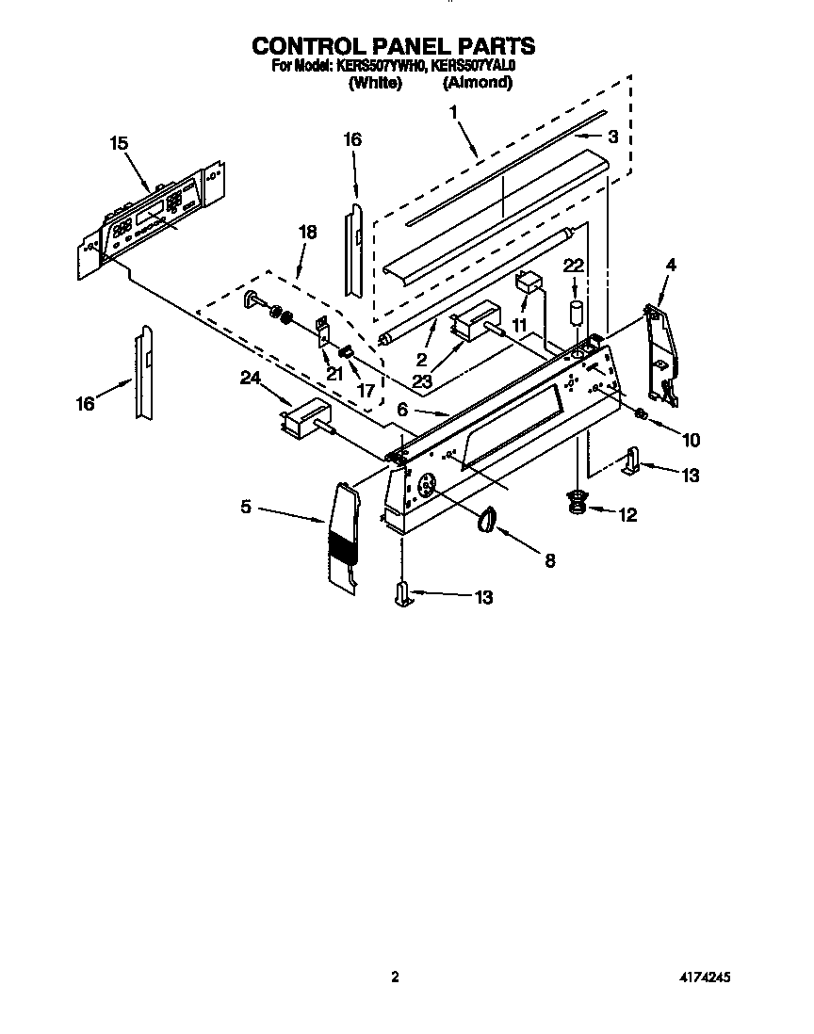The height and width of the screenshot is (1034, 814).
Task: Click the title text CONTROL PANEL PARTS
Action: tap(394, 45)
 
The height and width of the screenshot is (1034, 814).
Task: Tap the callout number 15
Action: tap(118, 143)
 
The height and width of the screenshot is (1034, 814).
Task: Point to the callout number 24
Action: tap(250, 379)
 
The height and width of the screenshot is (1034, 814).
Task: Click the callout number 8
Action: tap(548, 560)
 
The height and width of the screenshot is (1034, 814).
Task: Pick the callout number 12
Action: tap(627, 515)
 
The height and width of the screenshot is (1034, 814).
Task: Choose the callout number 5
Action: tap(245, 507)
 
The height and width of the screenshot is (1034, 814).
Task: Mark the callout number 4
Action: tap(670, 267)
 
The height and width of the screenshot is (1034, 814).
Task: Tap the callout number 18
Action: tap(307, 232)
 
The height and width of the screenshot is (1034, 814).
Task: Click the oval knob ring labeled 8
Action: tap(487, 519)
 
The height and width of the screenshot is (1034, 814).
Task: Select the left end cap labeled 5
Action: tap(343, 541)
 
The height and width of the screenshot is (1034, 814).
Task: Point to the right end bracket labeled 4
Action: tap(662, 353)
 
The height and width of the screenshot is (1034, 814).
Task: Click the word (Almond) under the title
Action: tap(478, 83)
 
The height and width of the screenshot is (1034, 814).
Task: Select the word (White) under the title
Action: tap(375, 83)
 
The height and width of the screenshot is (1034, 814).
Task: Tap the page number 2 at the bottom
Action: tap(396, 977)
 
